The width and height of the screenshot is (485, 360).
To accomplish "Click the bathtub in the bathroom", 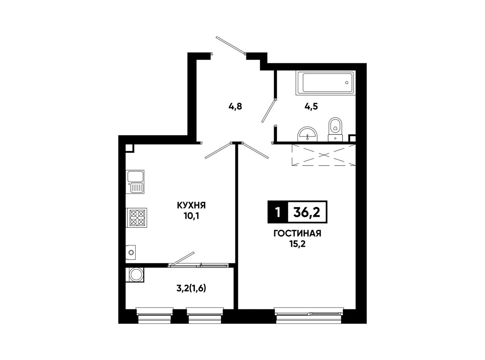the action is coord(325,83).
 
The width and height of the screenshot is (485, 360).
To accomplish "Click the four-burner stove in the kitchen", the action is coord(136,218).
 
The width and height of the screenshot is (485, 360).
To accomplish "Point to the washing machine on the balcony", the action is coord(135,275).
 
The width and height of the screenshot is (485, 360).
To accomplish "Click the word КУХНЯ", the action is coord(191,206).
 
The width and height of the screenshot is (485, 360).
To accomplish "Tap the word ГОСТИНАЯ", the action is coord(297,233).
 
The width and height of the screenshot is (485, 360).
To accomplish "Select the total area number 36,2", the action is coord(307,212).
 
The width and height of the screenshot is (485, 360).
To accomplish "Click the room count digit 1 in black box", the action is coord(278,212).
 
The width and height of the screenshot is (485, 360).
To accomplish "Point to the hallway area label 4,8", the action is coord(235,107).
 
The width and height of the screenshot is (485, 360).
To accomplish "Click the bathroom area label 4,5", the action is coord(311,107).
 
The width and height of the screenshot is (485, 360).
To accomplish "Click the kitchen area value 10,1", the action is coord(191,216).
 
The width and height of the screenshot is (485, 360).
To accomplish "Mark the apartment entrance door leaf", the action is coord(231,45).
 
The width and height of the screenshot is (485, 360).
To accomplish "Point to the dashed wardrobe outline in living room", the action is coord(324,155).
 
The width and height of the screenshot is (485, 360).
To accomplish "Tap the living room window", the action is coord(309,316).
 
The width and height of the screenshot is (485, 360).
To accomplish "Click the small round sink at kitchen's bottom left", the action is coord(131,252).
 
